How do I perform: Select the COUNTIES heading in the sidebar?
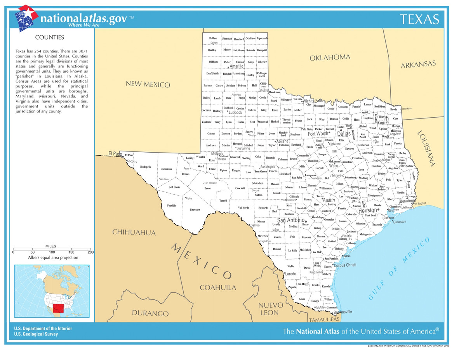pyautogui.click(x=50, y=38)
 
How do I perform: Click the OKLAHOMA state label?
pyautogui.click(x=330, y=57)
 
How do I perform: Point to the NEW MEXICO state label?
pyautogui.click(x=148, y=84)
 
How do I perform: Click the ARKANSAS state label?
pyautogui.click(x=418, y=64)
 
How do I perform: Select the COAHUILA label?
pyautogui.click(x=218, y=287)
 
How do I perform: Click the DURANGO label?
pyautogui.click(x=150, y=313)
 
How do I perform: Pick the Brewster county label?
pyautogui.click(x=195, y=210)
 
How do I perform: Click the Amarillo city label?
pyautogui.click(x=236, y=66)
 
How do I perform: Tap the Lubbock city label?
pyautogui.click(x=235, y=112)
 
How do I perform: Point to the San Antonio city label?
pyautogui.click(x=290, y=220)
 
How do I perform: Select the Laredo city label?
pyautogui.click(x=290, y=274)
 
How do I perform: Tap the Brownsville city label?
pyautogui.click(x=343, y=311)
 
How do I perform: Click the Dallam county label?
pyautogui.click(x=213, y=38)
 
